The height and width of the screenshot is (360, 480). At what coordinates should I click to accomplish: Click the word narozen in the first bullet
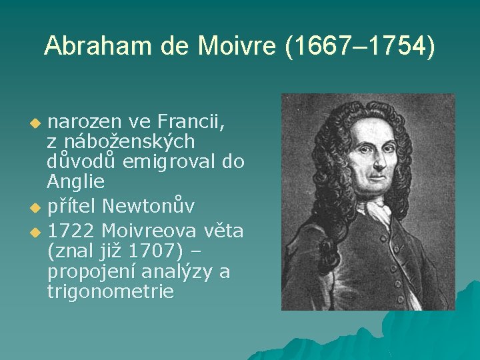click(84, 122)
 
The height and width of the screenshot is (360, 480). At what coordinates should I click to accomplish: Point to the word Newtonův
click(149, 206)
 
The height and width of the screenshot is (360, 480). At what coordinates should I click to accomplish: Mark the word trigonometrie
click(111, 291)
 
